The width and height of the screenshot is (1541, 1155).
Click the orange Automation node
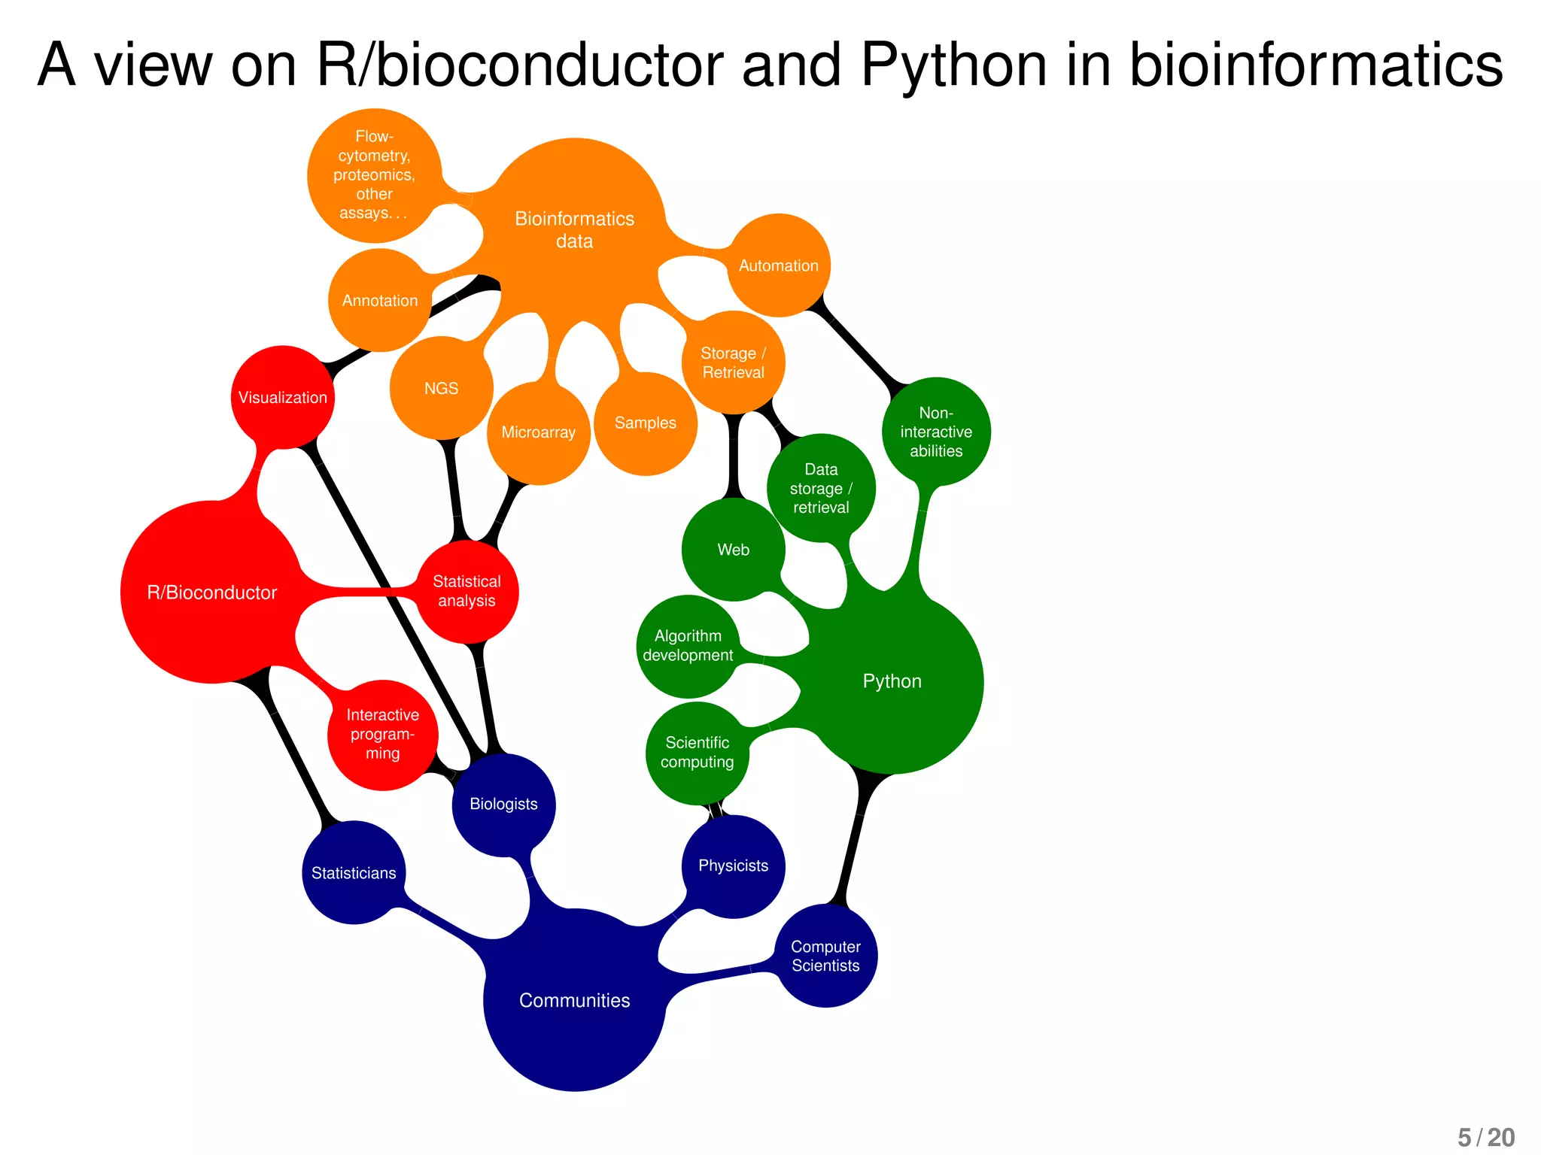pos(779,265)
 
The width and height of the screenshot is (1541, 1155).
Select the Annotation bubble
pos(380,301)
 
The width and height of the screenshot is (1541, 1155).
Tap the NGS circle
pos(441,388)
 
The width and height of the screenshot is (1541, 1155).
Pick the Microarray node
pos(538,432)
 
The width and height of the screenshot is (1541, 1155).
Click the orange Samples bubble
pos(646,423)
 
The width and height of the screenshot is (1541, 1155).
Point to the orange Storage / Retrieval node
pos(733,362)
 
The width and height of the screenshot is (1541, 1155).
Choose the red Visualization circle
pos(283,397)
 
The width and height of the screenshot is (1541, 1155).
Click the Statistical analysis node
pos(467,591)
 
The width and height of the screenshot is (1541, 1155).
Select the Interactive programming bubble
pos(382,735)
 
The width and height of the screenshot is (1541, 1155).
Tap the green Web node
pos(733,550)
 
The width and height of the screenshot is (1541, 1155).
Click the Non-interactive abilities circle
pos(936,432)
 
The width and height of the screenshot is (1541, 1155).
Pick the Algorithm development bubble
pos(688,646)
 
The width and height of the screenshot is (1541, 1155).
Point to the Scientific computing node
pos(697,753)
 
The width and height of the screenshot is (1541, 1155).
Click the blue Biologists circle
pos(503,805)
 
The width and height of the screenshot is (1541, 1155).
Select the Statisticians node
pos(354,873)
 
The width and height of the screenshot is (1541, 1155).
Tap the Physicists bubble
pos(733,866)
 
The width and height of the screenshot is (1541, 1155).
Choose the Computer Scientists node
pos(825,956)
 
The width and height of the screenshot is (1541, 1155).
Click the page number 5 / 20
pos(1485,1137)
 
